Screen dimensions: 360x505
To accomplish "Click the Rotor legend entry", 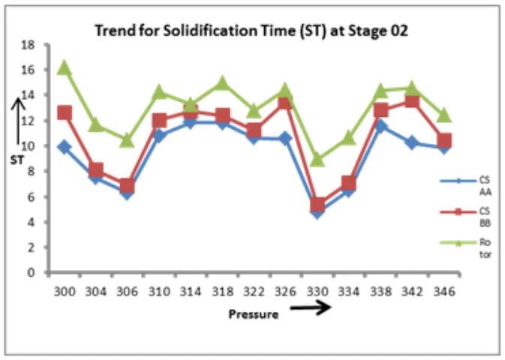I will tap(463, 247).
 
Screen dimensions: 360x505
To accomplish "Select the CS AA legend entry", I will tap(463, 185).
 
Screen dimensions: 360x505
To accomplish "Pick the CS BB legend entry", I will tap(463, 217).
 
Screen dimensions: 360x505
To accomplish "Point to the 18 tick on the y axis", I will tap(31, 45).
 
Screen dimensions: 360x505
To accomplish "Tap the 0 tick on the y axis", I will tap(34, 273).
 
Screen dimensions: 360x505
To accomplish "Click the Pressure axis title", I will tap(254, 314).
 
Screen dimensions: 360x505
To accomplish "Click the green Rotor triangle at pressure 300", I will tap(65, 68).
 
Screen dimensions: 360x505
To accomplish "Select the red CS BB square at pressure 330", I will tap(317, 205).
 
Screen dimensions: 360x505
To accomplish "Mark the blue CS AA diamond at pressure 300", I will tap(65, 147).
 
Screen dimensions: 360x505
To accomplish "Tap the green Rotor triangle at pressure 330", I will tap(317, 159).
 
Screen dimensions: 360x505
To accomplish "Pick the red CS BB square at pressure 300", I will tap(65, 113).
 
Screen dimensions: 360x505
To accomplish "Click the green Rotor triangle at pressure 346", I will tap(444, 115).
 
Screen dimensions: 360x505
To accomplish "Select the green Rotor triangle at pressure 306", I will tap(128, 140).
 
